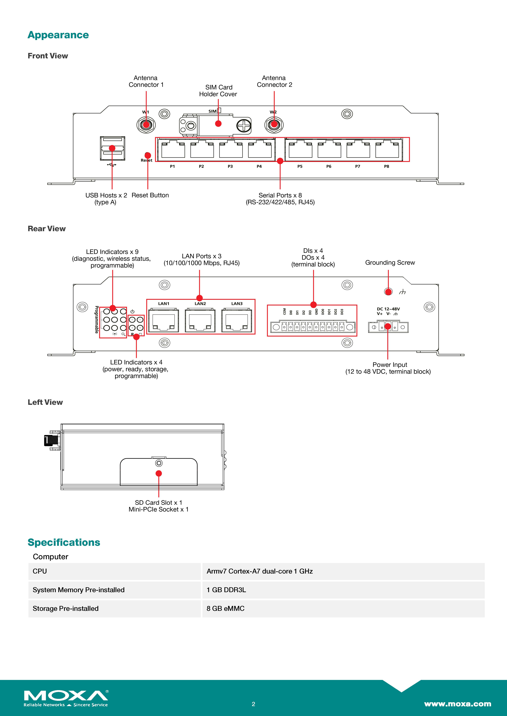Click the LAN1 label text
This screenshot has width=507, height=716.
point(164,303)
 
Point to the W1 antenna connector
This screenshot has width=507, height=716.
point(146,125)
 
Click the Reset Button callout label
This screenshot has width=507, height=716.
point(150,195)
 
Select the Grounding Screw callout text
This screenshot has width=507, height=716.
point(390,263)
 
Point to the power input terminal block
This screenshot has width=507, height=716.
point(388,327)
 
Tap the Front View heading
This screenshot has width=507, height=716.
point(48,56)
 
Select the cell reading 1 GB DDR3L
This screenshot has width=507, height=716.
point(226,590)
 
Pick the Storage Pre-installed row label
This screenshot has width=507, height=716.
point(66,608)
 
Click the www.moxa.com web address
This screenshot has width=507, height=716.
point(457,704)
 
